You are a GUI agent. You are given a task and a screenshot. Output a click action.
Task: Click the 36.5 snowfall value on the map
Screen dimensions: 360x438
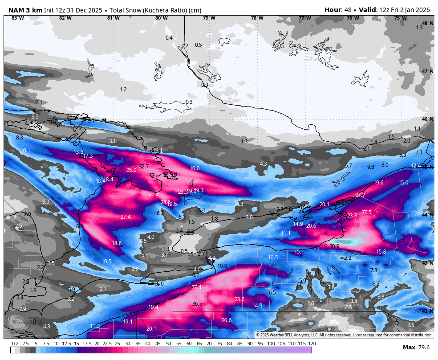pos(197,304)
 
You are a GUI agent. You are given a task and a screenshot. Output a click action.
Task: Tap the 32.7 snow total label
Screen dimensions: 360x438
pos(144,167)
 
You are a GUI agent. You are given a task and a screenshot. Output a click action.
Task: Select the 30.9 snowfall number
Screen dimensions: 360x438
pos(334,246)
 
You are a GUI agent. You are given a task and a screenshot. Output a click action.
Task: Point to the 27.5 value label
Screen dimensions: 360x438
pos(366,213)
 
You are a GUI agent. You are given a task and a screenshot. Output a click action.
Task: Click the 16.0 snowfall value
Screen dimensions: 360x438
pos(195,168)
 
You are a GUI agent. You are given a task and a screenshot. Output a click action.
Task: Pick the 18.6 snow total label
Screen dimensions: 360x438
pos(117,243)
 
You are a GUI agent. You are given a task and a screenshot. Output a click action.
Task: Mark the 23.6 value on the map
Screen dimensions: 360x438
pos(239,299)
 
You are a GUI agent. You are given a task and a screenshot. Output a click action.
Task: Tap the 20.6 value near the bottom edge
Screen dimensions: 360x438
pos(227,320)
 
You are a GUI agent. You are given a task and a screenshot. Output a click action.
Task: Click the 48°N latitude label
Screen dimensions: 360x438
pos(428,23)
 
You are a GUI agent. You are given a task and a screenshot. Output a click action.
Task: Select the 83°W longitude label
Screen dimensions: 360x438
pos(17,18)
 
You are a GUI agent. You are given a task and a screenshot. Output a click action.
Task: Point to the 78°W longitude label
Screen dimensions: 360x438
pos(257,18)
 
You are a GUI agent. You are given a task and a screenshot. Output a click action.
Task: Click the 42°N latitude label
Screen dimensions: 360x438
pos(428,311)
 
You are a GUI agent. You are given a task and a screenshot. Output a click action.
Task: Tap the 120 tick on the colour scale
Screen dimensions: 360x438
pos(312,344)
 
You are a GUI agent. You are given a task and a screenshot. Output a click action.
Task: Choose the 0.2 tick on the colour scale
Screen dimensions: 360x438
pos(15,344)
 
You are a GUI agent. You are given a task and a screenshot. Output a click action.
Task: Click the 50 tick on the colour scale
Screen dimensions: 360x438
pos(168,344)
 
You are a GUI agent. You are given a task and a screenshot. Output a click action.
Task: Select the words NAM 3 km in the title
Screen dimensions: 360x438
pos(25,10)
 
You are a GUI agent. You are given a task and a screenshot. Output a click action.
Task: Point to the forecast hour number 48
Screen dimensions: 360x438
pos(349,10)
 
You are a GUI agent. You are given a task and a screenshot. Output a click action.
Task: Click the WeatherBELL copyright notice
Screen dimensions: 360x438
pos(344,335)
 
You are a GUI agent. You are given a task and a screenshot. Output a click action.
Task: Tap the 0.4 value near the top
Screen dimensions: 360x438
pos(169,38)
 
